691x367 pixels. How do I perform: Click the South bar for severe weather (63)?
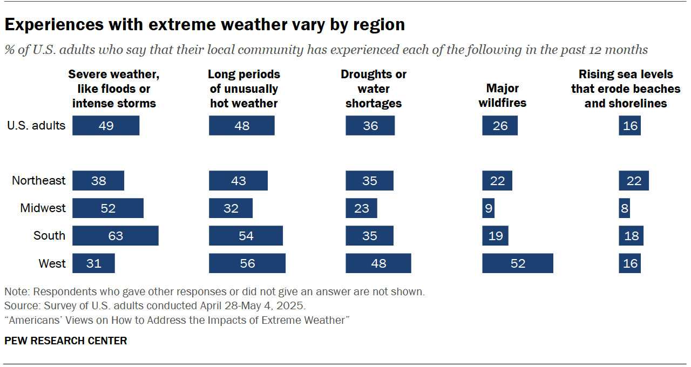click(x=115, y=236)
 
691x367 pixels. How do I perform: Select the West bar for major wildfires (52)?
click(x=518, y=263)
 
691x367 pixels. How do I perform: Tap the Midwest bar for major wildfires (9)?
click(x=488, y=208)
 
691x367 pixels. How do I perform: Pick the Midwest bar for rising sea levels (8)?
click(x=624, y=208)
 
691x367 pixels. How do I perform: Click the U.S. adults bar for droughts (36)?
click(x=370, y=126)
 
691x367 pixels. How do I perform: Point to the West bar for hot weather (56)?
click(x=247, y=263)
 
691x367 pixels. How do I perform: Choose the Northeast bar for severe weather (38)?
click(x=98, y=181)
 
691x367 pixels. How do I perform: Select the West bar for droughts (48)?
click(x=378, y=263)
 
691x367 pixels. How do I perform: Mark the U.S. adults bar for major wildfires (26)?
click(x=500, y=126)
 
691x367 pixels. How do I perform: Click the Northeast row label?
click(x=38, y=181)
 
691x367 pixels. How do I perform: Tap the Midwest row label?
click(x=43, y=208)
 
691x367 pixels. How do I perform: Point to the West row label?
click(x=52, y=263)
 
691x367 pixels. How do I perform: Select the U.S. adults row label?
click(x=36, y=126)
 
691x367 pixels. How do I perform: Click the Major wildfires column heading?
click(x=502, y=96)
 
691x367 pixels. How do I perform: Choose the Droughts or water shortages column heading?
click(x=374, y=89)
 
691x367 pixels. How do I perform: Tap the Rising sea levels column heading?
click(x=626, y=89)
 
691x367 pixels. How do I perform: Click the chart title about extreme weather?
click(x=205, y=24)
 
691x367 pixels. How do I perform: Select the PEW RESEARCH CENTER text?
click(x=66, y=341)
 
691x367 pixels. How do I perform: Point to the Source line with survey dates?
click(x=155, y=306)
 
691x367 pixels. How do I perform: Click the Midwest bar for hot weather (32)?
click(x=231, y=208)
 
